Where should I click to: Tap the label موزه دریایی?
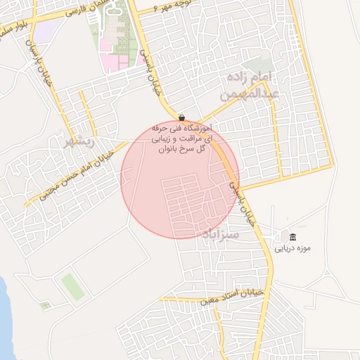(292, 248)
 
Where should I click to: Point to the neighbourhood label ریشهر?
(79, 141)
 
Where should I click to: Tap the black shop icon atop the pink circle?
(182, 117)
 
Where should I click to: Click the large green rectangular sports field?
(70, 286)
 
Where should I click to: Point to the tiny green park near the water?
(46, 305)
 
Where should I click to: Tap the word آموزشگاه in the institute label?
(191, 129)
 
